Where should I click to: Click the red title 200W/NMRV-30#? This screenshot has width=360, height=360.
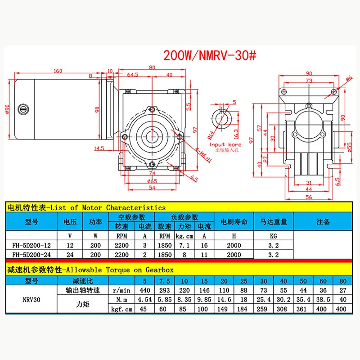(x=210, y=55)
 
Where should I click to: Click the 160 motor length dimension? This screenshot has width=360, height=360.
(x=58, y=71)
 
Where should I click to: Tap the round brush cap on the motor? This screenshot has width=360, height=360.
(x=23, y=109)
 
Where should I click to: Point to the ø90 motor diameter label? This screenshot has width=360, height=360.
(x=7, y=109)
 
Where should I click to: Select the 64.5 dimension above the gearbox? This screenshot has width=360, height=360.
(x=133, y=75)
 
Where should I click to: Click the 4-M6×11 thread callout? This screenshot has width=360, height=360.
(x=203, y=155)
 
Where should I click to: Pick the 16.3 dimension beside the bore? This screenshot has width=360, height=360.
(x=236, y=134)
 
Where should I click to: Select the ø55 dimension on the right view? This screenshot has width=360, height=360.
(x=350, y=147)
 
